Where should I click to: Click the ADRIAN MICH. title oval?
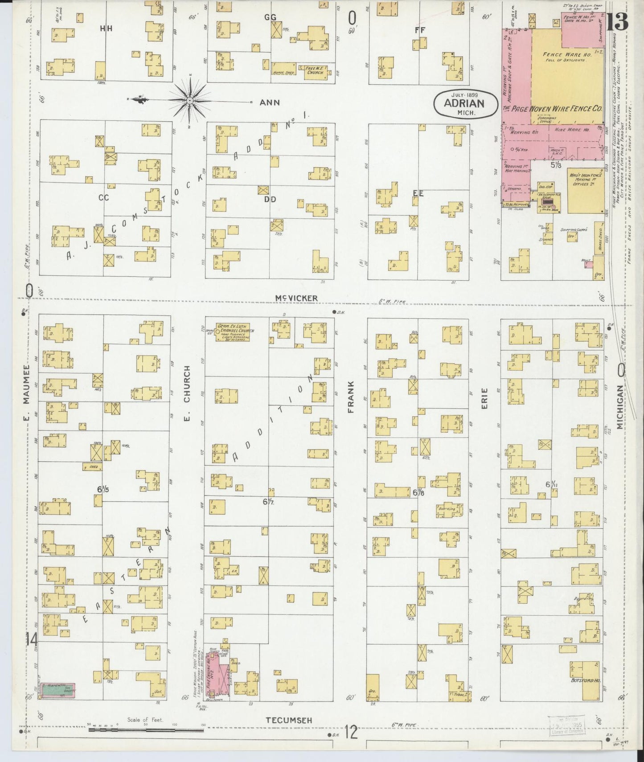click(x=465, y=103)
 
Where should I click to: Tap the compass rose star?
click(x=190, y=101)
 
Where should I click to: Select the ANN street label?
click(x=270, y=102)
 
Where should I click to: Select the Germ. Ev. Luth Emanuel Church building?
click(x=233, y=332)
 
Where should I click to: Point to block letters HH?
click(x=106, y=29)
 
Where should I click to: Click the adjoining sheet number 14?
click(x=31, y=640)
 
